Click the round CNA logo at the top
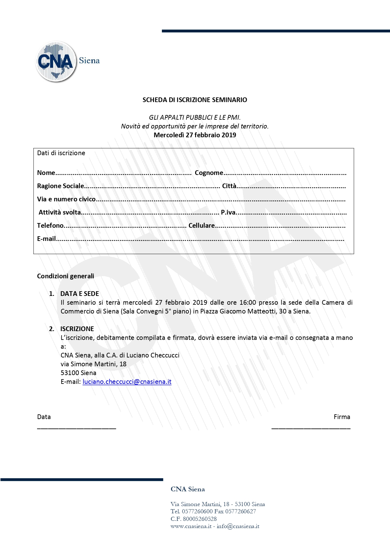pos(56,62)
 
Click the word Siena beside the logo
pos(89,61)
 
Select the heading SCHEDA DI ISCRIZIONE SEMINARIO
pos(195,100)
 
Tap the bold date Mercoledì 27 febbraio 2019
pos(195,135)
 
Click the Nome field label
pos(46,173)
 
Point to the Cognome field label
pos(209,173)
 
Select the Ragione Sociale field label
pos(60,186)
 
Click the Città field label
pos(229,186)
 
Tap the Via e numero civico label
pos(66,199)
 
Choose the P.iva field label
pos(228,212)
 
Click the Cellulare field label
pos(201,226)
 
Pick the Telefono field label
pos(50,226)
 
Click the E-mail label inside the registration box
pos(46,239)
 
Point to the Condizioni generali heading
pos(65,276)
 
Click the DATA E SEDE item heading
pos(80,294)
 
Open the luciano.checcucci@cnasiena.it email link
pos(127,382)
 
